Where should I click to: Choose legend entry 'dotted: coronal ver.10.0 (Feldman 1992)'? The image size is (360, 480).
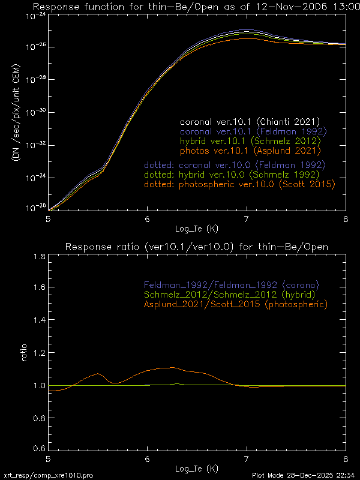click(235, 164)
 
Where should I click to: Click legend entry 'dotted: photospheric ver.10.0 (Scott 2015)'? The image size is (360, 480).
click(239, 185)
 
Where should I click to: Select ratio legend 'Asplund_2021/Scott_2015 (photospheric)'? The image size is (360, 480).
click(235, 305)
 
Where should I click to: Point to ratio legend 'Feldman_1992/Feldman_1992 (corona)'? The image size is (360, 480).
click(230, 284)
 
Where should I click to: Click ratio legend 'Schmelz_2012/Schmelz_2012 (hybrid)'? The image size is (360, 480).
click(230, 295)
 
